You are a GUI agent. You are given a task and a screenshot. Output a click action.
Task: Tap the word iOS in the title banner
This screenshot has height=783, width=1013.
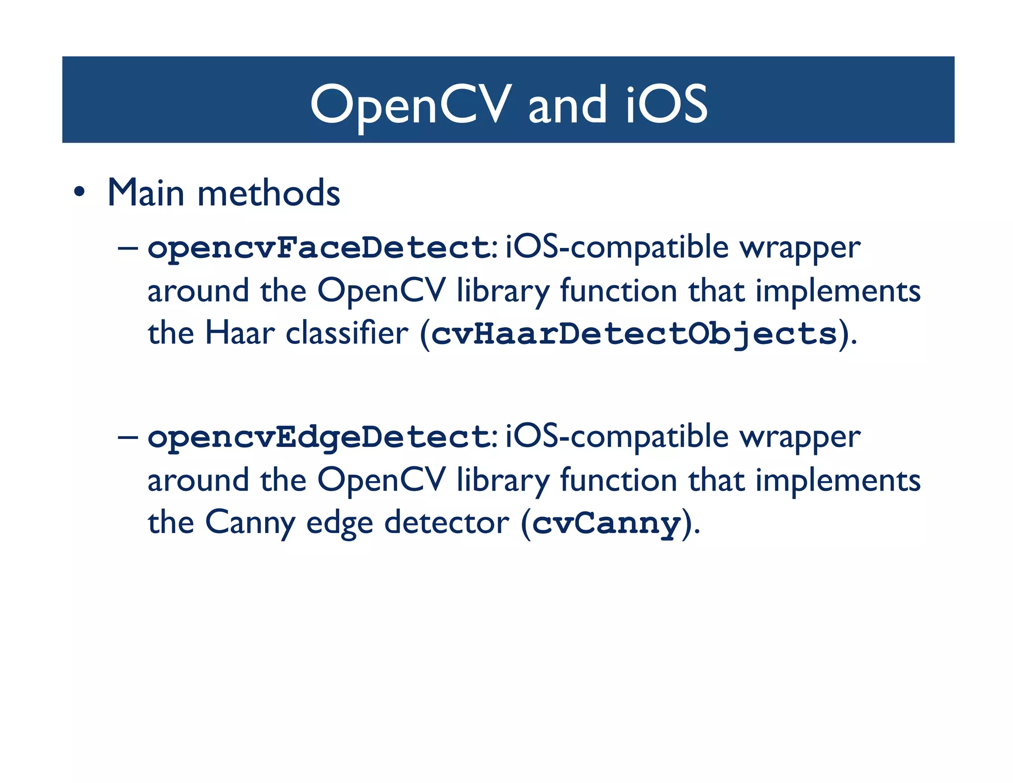(667, 105)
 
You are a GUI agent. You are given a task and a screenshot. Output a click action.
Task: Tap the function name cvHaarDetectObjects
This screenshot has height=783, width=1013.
(634, 334)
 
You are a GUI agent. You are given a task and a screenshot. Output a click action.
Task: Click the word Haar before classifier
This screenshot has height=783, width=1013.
(239, 333)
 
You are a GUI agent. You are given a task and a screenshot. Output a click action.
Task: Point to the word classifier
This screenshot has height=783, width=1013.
(347, 333)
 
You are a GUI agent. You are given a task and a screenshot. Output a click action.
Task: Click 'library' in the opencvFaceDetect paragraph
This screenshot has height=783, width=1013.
(503, 291)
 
